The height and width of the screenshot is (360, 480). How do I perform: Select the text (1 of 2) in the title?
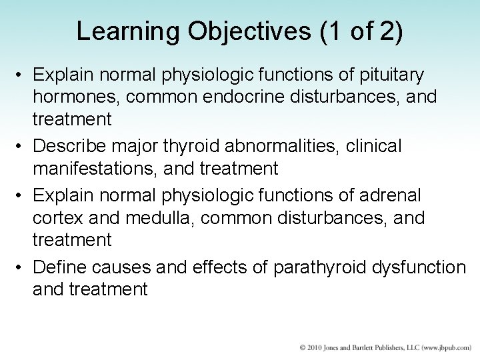[x=362, y=32]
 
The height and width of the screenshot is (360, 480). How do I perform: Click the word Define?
[x=59, y=267]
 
